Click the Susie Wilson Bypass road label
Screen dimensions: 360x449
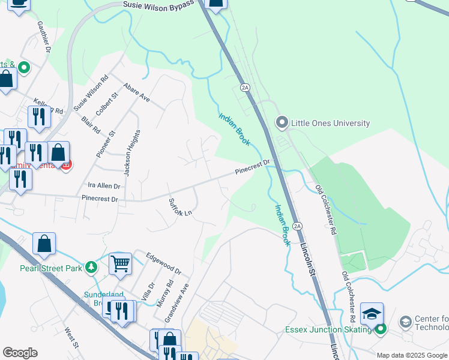158,4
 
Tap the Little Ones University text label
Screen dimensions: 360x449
330,123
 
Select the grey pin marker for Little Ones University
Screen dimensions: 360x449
282,123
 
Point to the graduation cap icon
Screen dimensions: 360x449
372,314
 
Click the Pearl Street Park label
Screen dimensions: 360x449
50,268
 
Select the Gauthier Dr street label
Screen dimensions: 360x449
43,36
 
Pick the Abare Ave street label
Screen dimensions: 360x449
136,92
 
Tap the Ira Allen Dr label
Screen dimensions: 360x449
104,186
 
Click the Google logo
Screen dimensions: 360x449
20,353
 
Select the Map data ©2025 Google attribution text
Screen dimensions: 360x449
411,355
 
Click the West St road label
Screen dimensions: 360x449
71,337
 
